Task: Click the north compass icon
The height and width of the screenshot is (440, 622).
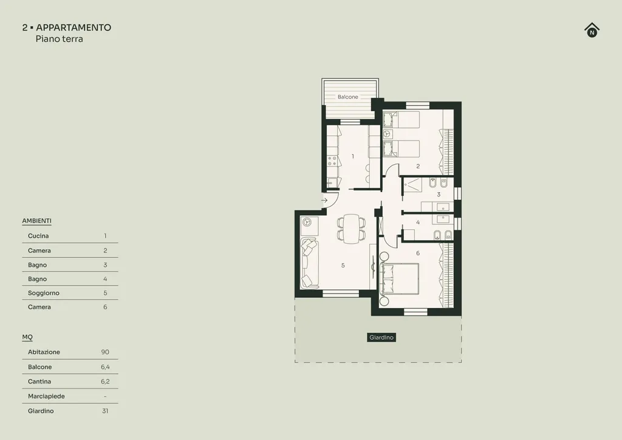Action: (592, 30)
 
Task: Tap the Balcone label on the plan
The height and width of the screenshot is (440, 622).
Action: (348, 97)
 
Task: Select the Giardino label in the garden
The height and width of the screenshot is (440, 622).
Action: (381, 338)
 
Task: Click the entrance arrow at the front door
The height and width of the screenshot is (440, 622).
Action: (324, 201)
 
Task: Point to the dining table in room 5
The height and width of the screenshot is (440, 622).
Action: (352, 229)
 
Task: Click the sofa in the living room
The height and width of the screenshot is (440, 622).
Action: (310, 264)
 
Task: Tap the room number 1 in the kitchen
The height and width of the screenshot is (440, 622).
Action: (353, 156)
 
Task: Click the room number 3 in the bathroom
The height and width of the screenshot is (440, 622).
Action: (439, 194)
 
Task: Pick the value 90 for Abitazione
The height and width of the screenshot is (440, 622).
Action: (105, 352)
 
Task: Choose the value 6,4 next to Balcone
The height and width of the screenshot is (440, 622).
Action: (105, 367)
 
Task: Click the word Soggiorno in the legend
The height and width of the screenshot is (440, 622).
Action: (44, 293)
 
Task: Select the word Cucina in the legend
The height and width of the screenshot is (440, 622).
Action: (38, 236)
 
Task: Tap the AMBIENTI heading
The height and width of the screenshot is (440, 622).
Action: (37, 221)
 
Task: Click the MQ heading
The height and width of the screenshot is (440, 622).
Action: (27, 337)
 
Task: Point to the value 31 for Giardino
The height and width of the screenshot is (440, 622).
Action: (105, 411)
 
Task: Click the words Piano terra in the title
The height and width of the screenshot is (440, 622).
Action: (59, 39)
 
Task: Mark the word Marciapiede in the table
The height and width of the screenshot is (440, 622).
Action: (46, 396)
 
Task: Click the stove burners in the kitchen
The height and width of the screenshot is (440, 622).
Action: (332, 160)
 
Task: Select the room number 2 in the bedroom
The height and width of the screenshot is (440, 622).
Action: (418, 167)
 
